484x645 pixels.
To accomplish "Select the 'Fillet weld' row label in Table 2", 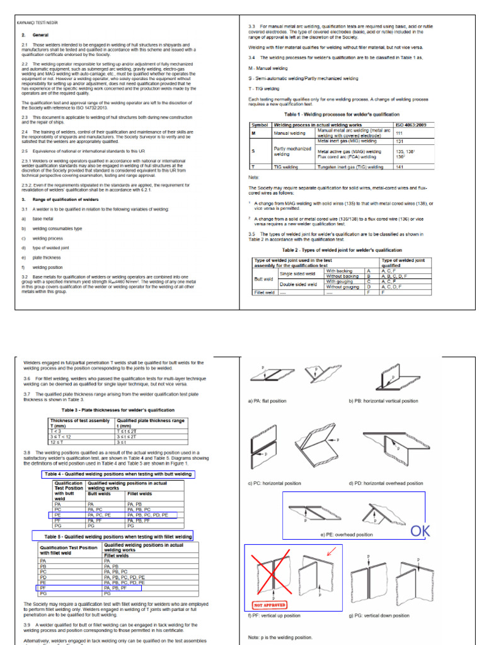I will pyautogui.click(x=263, y=292).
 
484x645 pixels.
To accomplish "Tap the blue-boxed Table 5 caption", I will pyautogui.click(x=113, y=536).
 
